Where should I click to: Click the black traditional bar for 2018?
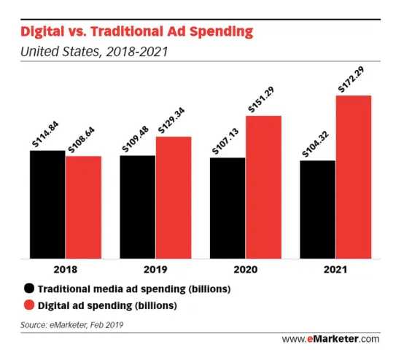(x=47, y=204)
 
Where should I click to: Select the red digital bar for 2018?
(x=83, y=207)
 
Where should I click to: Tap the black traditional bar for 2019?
(x=137, y=207)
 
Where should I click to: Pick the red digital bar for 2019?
(x=174, y=197)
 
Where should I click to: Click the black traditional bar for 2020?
(x=228, y=208)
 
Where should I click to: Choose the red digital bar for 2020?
(x=263, y=187)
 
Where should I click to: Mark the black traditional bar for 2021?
(x=317, y=209)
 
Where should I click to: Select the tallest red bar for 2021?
(x=354, y=177)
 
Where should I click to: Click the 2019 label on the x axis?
(x=155, y=269)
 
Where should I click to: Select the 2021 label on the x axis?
(x=335, y=269)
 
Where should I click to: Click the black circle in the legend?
(x=29, y=289)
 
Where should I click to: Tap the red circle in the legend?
(x=29, y=305)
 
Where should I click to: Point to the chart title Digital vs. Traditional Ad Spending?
(x=136, y=31)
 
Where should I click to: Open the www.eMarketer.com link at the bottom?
(x=330, y=339)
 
